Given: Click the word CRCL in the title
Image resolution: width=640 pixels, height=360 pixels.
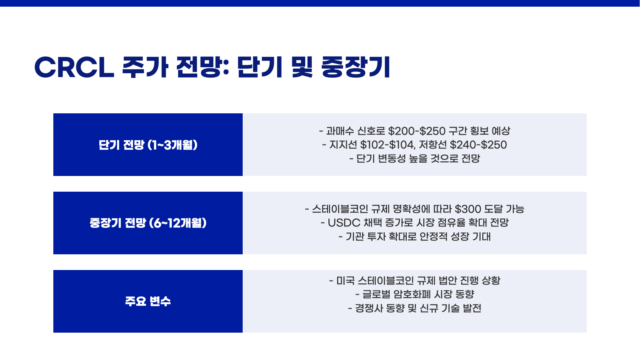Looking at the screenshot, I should (74, 67).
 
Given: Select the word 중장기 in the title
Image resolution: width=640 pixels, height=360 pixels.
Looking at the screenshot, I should (355, 67).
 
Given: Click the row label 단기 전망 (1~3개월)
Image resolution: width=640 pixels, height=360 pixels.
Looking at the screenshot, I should (148, 145).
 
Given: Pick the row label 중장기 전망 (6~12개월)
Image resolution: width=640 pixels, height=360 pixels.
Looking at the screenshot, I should (148, 223).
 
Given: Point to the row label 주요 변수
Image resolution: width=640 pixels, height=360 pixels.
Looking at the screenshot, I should (148, 301).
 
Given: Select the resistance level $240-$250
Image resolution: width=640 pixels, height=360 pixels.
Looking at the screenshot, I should (478, 145).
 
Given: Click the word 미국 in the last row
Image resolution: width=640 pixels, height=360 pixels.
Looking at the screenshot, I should (345, 281).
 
